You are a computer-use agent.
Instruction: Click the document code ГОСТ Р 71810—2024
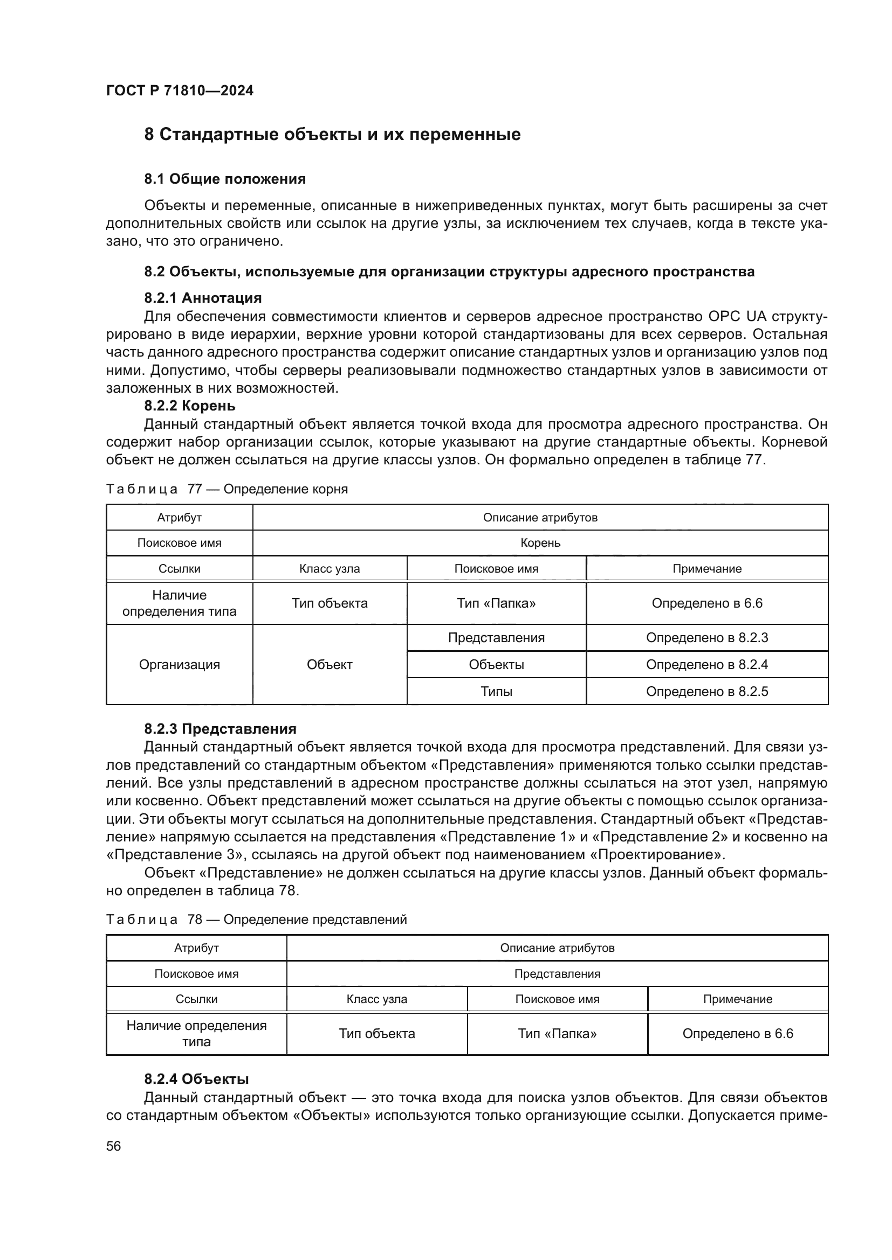pyautogui.click(x=180, y=91)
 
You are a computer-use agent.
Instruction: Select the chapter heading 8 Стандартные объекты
pyautogui.click(x=332, y=135)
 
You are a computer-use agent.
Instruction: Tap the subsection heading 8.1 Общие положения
pyautogui.click(x=225, y=179)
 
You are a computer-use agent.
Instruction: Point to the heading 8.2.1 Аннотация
pyautogui.click(x=203, y=298)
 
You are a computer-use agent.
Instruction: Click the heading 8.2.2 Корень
pyautogui.click(x=189, y=406)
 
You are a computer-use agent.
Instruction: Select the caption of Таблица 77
pyautogui.click(x=227, y=489)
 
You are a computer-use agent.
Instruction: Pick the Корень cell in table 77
pyautogui.click(x=540, y=544)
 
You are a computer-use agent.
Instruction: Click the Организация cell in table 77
pyautogui.click(x=179, y=665)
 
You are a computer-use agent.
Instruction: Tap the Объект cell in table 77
pyautogui.click(x=330, y=665)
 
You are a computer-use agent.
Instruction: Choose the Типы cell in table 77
pyautogui.click(x=497, y=692)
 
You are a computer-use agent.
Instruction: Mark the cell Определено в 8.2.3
pyautogui.click(x=707, y=638)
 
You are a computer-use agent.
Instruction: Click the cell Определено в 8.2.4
pyautogui.click(x=707, y=665)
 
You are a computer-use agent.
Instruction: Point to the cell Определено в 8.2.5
pyautogui.click(x=707, y=692)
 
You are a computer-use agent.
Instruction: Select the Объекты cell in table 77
pyautogui.click(x=497, y=665)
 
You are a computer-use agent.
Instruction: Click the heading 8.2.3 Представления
pyautogui.click(x=220, y=729)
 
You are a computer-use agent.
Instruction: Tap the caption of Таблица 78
pyautogui.click(x=257, y=919)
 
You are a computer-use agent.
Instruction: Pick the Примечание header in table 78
pyautogui.click(x=738, y=999)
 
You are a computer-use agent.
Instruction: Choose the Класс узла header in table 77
pyautogui.click(x=330, y=569)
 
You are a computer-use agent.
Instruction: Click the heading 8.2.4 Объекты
pyautogui.click(x=196, y=1079)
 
